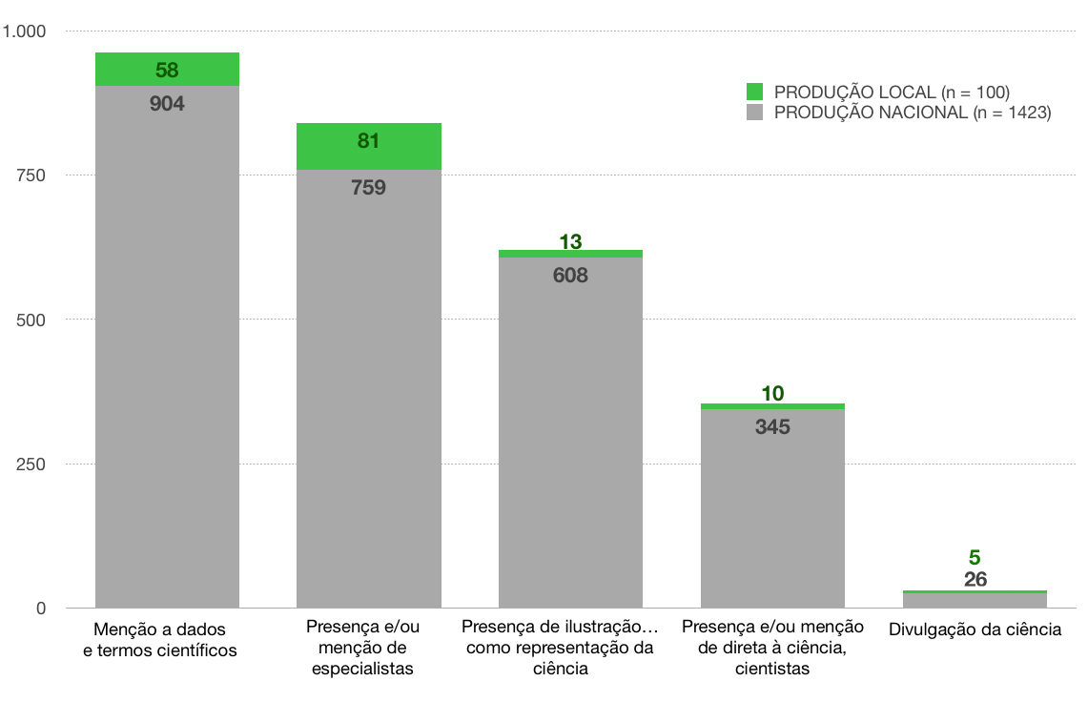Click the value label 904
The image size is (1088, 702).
[x=167, y=104]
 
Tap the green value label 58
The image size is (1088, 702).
[x=167, y=70]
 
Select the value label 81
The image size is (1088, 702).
[x=369, y=141]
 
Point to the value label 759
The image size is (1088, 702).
[x=369, y=187]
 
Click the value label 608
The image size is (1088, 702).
[x=570, y=276]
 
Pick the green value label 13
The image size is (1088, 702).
[x=570, y=241]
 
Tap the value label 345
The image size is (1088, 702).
[x=772, y=426]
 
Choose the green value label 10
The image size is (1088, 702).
[x=772, y=393]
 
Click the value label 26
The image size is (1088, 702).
[x=975, y=579]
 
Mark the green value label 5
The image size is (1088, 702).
[x=975, y=557]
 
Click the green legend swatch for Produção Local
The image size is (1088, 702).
[x=755, y=92]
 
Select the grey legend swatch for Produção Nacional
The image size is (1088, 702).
[x=755, y=113]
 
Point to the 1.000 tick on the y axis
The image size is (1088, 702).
[x=25, y=31]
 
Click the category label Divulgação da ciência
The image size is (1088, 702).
[x=975, y=630]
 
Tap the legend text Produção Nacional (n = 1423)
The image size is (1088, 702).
[x=912, y=113]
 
